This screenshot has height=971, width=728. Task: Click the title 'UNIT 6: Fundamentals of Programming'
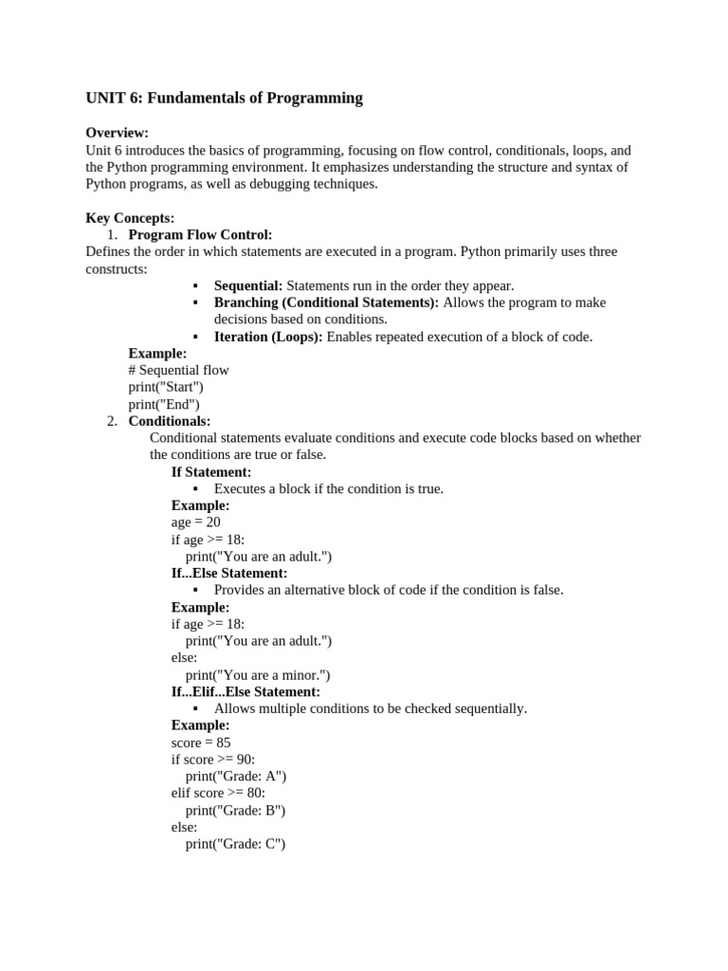(x=224, y=98)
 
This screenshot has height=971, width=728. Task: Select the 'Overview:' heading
(x=118, y=133)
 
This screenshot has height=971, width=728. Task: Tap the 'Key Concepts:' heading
(x=130, y=218)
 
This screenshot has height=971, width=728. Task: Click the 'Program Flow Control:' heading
(x=200, y=234)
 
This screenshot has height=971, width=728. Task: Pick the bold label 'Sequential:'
(x=248, y=285)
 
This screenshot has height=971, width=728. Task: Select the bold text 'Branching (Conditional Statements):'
(x=326, y=302)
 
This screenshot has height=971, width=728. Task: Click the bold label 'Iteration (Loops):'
(x=268, y=337)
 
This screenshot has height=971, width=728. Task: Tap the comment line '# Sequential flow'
(x=178, y=370)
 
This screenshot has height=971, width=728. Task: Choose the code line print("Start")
(x=166, y=387)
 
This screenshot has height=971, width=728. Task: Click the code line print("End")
(x=164, y=404)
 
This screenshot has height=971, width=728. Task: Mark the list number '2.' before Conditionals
(x=112, y=421)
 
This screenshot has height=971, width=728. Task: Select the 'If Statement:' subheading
(x=211, y=472)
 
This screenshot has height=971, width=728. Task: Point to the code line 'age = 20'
(x=195, y=522)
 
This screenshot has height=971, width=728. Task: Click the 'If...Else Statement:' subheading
(x=229, y=574)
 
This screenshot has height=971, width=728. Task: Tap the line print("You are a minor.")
(x=258, y=675)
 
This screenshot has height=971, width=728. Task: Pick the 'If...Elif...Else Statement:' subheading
(x=246, y=692)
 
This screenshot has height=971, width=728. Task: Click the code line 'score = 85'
(x=201, y=742)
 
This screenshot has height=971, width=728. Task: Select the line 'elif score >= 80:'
(x=218, y=793)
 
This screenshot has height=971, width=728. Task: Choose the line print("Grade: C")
(x=235, y=844)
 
